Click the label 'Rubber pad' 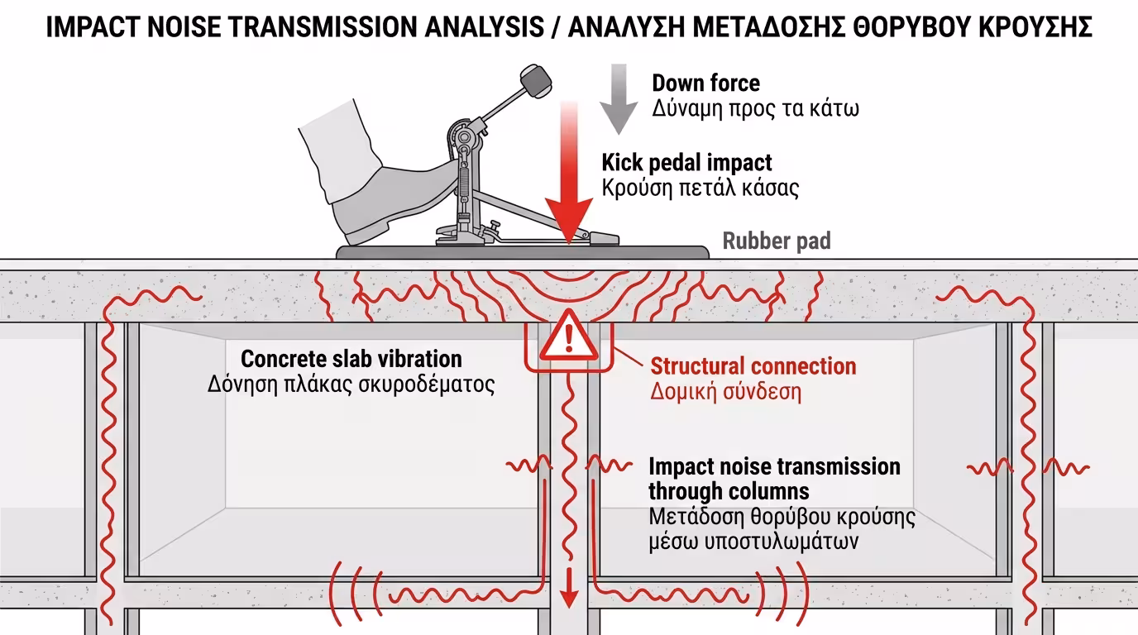(x=776, y=241)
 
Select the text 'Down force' (x=705, y=83)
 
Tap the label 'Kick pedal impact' (x=686, y=162)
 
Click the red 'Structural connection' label (x=753, y=366)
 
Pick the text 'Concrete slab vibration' (x=351, y=359)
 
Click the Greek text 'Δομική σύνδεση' (x=725, y=391)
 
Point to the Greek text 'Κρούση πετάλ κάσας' (x=700, y=188)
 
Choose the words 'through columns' (x=728, y=491)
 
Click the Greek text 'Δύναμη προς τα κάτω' (x=755, y=108)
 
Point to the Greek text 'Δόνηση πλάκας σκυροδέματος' (x=351, y=384)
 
